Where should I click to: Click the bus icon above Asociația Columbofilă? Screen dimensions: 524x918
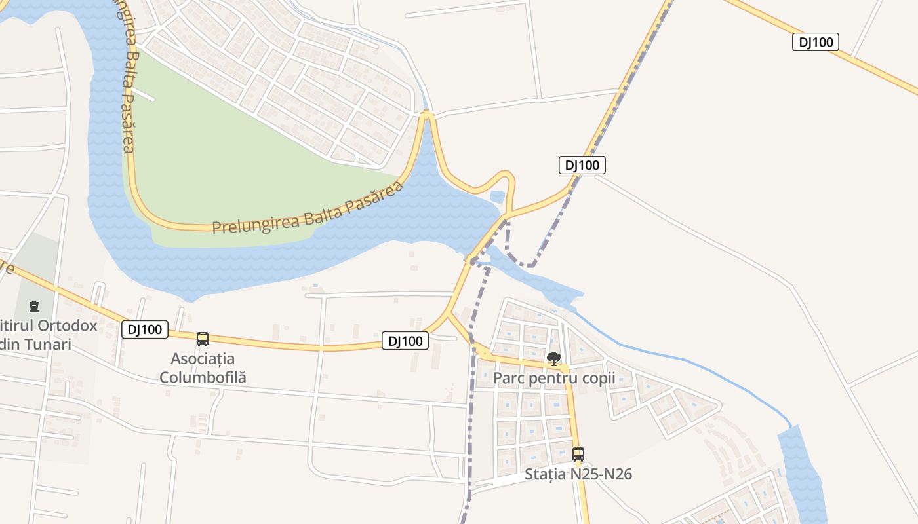pos(203,339)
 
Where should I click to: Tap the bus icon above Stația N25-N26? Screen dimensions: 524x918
pos(578,455)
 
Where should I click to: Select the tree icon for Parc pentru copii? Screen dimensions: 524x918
pos(554,358)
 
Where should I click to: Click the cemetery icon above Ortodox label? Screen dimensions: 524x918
pos(34,306)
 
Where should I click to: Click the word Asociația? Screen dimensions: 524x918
pos(203,359)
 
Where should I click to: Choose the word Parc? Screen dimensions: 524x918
pos(508,379)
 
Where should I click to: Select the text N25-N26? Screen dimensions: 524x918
pos(602,474)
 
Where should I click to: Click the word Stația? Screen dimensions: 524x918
pos(546,474)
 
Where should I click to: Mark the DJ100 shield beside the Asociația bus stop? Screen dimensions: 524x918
pos(145,329)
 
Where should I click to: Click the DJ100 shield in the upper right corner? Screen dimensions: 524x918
pos(816,43)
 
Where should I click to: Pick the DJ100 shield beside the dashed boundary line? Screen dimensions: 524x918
pos(582,165)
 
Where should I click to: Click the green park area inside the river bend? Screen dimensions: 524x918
pos(249,164)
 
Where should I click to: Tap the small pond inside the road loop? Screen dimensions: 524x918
pos(497,196)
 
